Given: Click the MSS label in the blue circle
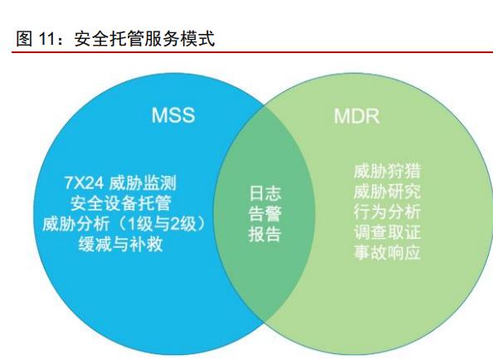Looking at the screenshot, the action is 173,115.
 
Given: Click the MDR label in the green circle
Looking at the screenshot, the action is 357,116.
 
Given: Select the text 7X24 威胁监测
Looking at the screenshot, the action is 120,183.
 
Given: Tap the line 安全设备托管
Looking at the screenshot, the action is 120,203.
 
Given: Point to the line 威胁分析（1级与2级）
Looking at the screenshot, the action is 124,224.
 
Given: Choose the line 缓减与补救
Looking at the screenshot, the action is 120,244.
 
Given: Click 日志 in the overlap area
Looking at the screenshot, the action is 265,193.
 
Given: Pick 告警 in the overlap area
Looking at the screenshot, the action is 265,214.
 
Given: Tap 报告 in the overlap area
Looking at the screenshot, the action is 265,234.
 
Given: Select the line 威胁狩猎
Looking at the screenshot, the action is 387,171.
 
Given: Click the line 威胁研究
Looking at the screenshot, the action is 387,192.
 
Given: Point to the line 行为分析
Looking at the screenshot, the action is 387,212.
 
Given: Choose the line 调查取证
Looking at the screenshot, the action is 387,232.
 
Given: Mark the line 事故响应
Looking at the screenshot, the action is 387,252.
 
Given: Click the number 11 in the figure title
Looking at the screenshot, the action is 47,39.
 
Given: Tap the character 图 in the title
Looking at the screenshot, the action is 24,39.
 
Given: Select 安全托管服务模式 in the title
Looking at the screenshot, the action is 144,39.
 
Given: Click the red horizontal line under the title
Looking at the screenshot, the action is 252,51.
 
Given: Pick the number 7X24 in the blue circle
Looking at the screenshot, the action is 84,183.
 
